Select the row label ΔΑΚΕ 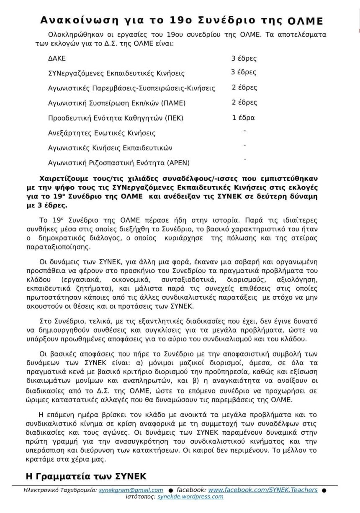[x=57, y=59]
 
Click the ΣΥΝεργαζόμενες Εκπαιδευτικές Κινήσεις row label [x=116, y=73]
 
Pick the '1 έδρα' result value [x=244, y=118]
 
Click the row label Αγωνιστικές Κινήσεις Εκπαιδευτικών [x=110, y=148]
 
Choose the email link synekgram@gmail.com [x=131, y=490]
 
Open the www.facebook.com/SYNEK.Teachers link [x=262, y=490]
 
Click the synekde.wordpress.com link [x=190, y=497]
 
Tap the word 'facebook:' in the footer [x=191, y=490]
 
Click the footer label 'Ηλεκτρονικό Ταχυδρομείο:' [x=60, y=490]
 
